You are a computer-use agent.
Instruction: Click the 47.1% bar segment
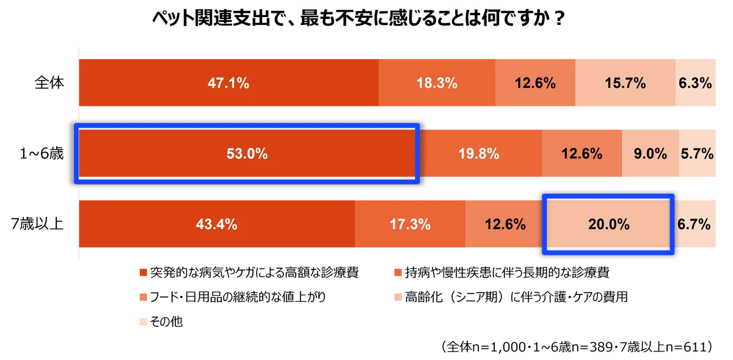tap(228, 83)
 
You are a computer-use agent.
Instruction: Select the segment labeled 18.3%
tap(437, 83)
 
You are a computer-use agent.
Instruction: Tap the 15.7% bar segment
tap(625, 83)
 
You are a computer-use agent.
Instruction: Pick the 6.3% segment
tap(696, 83)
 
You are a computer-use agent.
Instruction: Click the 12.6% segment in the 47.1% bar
tap(535, 83)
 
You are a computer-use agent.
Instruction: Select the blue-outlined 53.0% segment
tap(247, 154)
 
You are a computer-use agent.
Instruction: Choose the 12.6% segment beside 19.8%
tap(582, 154)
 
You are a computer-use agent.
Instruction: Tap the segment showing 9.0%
tap(650, 154)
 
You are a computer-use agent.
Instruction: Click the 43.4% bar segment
tap(217, 224)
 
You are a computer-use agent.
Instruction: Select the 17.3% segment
tap(410, 224)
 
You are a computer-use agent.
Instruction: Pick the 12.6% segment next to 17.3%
tap(505, 224)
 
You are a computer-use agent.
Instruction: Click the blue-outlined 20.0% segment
tap(608, 224)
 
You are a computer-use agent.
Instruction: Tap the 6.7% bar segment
tap(695, 224)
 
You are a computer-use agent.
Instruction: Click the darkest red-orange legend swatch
tap(143, 272)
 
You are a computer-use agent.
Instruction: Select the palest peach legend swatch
tap(143, 321)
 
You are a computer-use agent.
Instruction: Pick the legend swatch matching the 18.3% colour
tap(398, 272)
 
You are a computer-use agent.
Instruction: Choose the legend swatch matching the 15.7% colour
tap(398, 297)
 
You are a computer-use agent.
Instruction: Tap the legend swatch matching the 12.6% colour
tap(143, 297)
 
